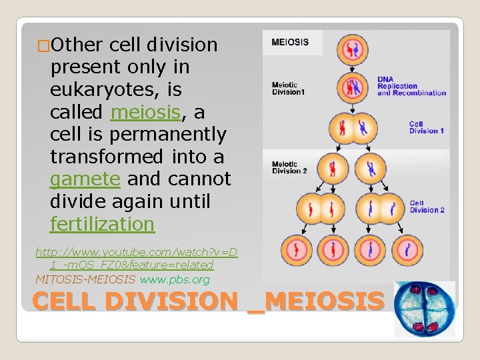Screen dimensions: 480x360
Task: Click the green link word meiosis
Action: pyautogui.click(x=145, y=112)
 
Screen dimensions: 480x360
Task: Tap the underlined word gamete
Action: pyautogui.click(x=85, y=179)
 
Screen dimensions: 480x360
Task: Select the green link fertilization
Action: pyautogui.click(x=102, y=224)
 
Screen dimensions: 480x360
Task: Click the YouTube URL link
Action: pyautogui.click(x=136, y=259)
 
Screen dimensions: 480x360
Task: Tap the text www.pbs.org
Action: pyautogui.click(x=175, y=279)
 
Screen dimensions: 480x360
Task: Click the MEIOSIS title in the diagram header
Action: pyautogui.click(x=290, y=42)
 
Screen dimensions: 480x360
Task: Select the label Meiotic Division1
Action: pyautogui.click(x=288, y=88)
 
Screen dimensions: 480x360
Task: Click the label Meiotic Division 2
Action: pyautogui.click(x=289, y=167)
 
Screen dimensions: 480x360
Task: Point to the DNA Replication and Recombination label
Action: pyautogui.click(x=411, y=85)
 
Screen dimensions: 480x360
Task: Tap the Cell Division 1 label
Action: pyautogui.click(x=425, y=127)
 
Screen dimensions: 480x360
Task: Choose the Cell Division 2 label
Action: pyautogui.click(x=427, y=207)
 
